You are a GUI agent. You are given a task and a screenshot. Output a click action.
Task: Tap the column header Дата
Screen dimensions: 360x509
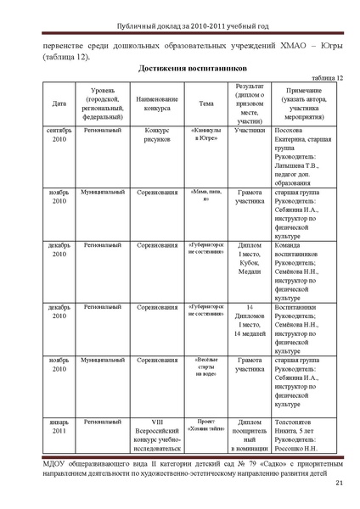(59, 103)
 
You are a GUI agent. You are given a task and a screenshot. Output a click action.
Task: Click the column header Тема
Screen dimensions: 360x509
(205, 103)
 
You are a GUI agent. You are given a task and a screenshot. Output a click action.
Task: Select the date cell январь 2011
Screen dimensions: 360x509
(59, 425)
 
